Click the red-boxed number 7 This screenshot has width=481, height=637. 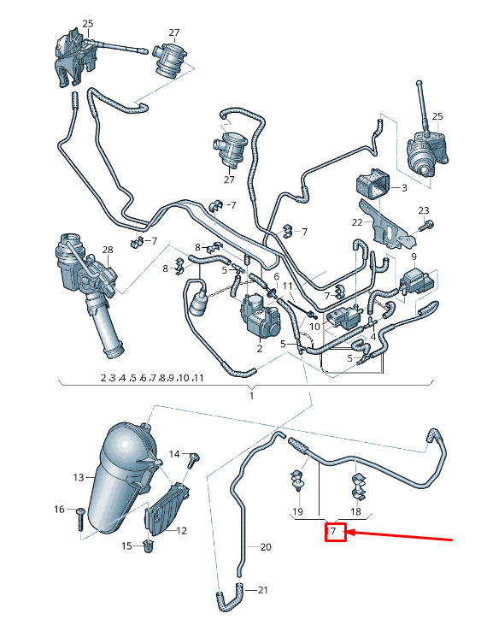point(335,533)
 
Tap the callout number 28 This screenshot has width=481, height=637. point(108,250)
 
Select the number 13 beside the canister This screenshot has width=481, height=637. point(79,476)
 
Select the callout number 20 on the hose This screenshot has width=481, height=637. point(265,546)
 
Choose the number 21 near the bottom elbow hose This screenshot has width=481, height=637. point(263,590)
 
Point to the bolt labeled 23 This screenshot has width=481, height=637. point(428,225)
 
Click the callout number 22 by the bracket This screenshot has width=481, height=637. point(357,222)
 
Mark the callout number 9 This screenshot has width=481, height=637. point(414,257)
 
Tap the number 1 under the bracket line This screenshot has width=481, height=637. point(251,396)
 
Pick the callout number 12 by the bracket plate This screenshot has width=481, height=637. point(181,530)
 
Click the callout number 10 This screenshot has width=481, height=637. point(314,327)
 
